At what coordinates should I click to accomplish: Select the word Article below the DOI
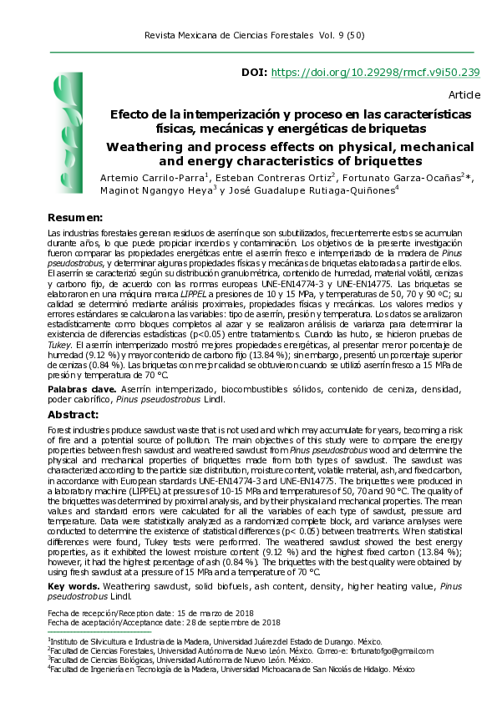click(x=464, y=95)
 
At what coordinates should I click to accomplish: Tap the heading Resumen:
click(x=75, y=217)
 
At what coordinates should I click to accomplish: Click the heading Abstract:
click(x=74, y=414)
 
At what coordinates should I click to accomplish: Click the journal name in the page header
click(x=228, y=37)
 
